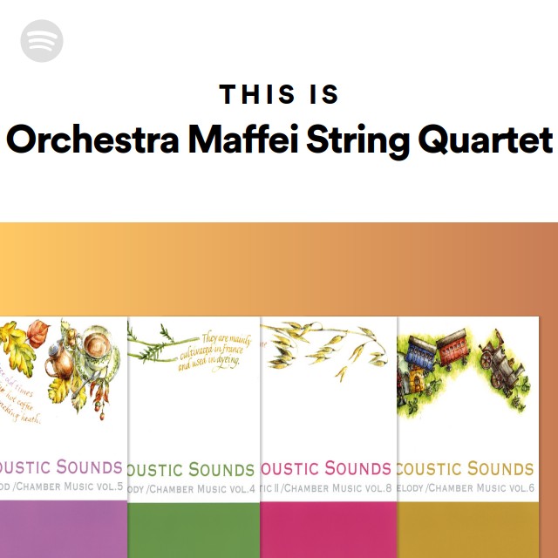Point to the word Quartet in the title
(487, 139)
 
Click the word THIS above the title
(253, 94)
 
